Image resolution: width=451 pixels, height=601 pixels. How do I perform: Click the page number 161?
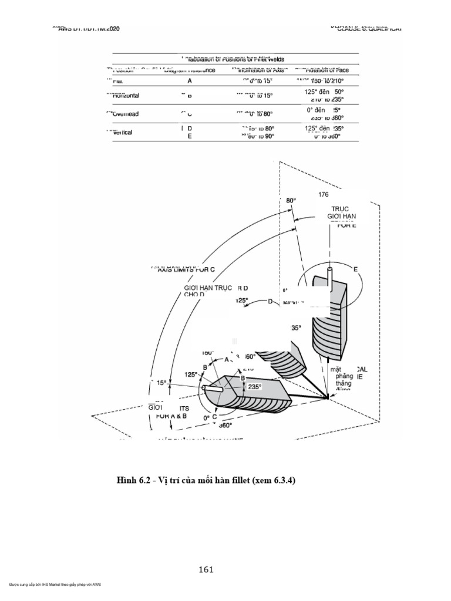pyautogui.click(x=206, y=569)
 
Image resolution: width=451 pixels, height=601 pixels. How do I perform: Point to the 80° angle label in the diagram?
pyautogui.click(x=291, y=200)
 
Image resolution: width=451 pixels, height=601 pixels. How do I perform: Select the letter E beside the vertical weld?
pyautogui.click(x=355, y=269)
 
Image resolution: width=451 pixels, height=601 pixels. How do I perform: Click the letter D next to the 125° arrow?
pyautogui.click(x=271, y=302)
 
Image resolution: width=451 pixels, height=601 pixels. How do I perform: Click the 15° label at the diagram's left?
pyautogui.click(x=161, y=383)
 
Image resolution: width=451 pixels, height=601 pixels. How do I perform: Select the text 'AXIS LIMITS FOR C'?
pyautogui.click(x=184, y=269)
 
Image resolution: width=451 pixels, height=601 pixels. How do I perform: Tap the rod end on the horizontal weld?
pyautogui.click(x=204, y=389)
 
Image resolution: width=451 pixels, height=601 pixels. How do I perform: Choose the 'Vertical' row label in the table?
pyautogui.click(x=122, y=132)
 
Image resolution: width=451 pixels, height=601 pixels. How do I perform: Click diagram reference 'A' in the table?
pyautogui.click(x=190, y=81)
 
